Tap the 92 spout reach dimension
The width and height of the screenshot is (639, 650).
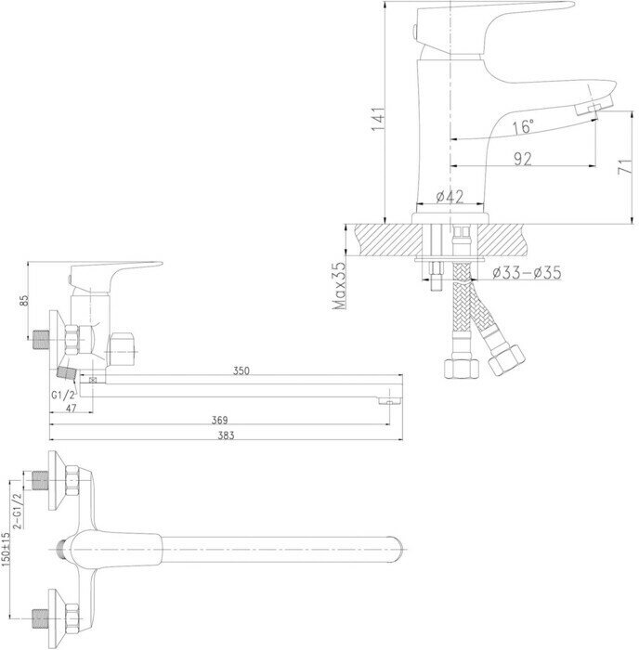pyautogui.click(x=522, y=159)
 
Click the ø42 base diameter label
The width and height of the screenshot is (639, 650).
pyautogui.click(x=450, y=197)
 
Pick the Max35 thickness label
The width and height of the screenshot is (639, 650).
pyautogui.click(x=340, y=284)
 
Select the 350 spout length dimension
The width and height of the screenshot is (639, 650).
pyautogui.click(x=241, y=371)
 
